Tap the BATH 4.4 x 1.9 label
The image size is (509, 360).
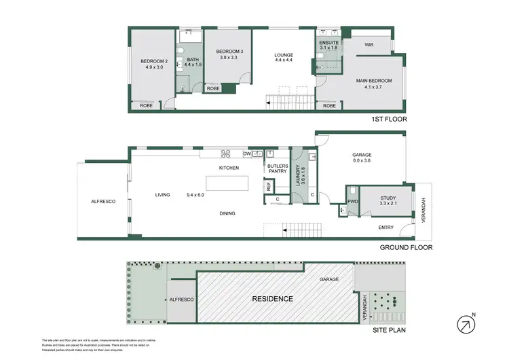coord(193,62)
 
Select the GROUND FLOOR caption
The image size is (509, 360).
coord(406,248)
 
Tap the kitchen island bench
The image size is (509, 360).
coord(227,185)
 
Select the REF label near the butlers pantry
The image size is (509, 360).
coord(269,185)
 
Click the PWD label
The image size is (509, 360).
coord(352,202)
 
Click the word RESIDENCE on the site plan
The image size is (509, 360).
coord(272,299)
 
